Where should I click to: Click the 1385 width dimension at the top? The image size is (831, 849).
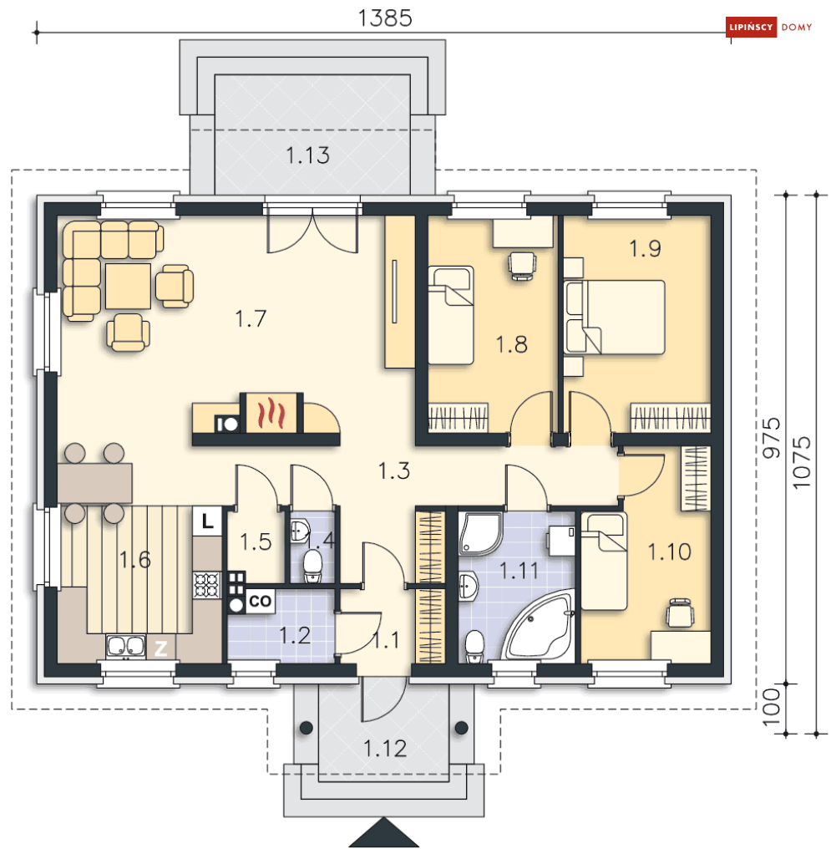385,18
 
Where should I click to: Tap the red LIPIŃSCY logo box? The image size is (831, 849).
751,27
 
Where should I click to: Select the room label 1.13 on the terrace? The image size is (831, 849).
307,155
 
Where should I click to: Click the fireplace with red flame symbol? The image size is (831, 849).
271,413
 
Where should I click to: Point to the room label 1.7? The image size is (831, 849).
251,318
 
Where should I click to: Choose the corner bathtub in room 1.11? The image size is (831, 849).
540,624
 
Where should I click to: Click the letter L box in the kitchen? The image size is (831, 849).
207,521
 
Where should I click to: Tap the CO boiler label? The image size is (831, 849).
260,601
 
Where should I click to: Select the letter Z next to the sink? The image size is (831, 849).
160,648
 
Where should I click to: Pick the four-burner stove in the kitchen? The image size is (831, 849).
206,585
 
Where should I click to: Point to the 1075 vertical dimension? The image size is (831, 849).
802,463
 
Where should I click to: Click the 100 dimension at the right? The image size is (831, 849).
772,708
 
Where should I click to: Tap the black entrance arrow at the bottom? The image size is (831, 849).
384,833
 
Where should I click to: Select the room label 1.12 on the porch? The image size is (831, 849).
385,748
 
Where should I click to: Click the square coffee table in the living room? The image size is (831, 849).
129,286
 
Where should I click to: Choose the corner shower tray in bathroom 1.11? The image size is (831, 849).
481,534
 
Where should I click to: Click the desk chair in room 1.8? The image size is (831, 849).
523,266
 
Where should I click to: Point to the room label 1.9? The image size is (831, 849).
645,248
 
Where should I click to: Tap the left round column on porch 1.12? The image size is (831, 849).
307,728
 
